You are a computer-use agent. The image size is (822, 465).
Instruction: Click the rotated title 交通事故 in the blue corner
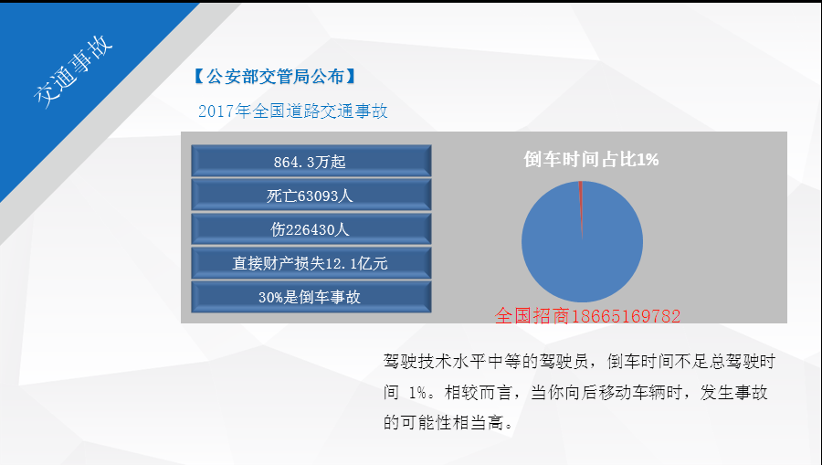73,72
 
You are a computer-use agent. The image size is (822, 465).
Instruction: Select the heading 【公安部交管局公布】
275,77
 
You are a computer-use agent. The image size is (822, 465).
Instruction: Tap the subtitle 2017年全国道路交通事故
293,111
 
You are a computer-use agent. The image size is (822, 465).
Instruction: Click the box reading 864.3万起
311,161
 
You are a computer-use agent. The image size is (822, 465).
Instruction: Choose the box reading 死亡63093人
311,195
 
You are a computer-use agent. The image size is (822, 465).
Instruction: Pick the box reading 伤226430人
311,228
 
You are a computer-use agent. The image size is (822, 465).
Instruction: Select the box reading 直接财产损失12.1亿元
311,262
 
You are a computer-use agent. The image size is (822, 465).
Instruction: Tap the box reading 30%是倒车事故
311,297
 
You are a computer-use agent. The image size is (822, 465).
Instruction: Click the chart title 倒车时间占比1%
591,159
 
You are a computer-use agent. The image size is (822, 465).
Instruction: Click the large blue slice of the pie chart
582,251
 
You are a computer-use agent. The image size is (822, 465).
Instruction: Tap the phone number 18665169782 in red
626,316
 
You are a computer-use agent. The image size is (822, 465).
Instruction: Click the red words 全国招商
532,316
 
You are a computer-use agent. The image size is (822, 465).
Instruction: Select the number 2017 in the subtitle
216,111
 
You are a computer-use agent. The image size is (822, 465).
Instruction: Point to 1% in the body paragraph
417,392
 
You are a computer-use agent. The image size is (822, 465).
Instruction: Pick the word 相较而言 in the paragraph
478,392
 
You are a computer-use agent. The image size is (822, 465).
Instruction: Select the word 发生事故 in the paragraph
734,392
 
